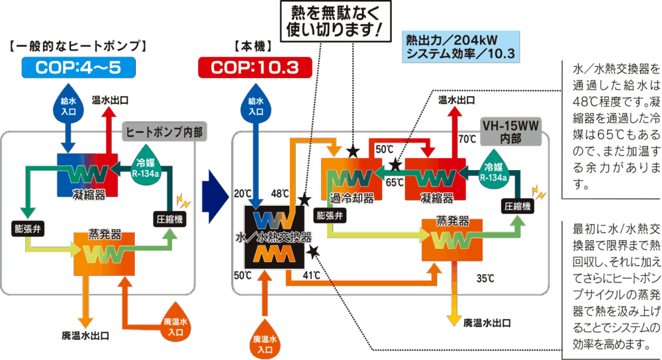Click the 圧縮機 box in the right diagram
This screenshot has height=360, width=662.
(518, 206)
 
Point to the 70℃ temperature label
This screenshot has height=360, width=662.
(467, 140)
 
